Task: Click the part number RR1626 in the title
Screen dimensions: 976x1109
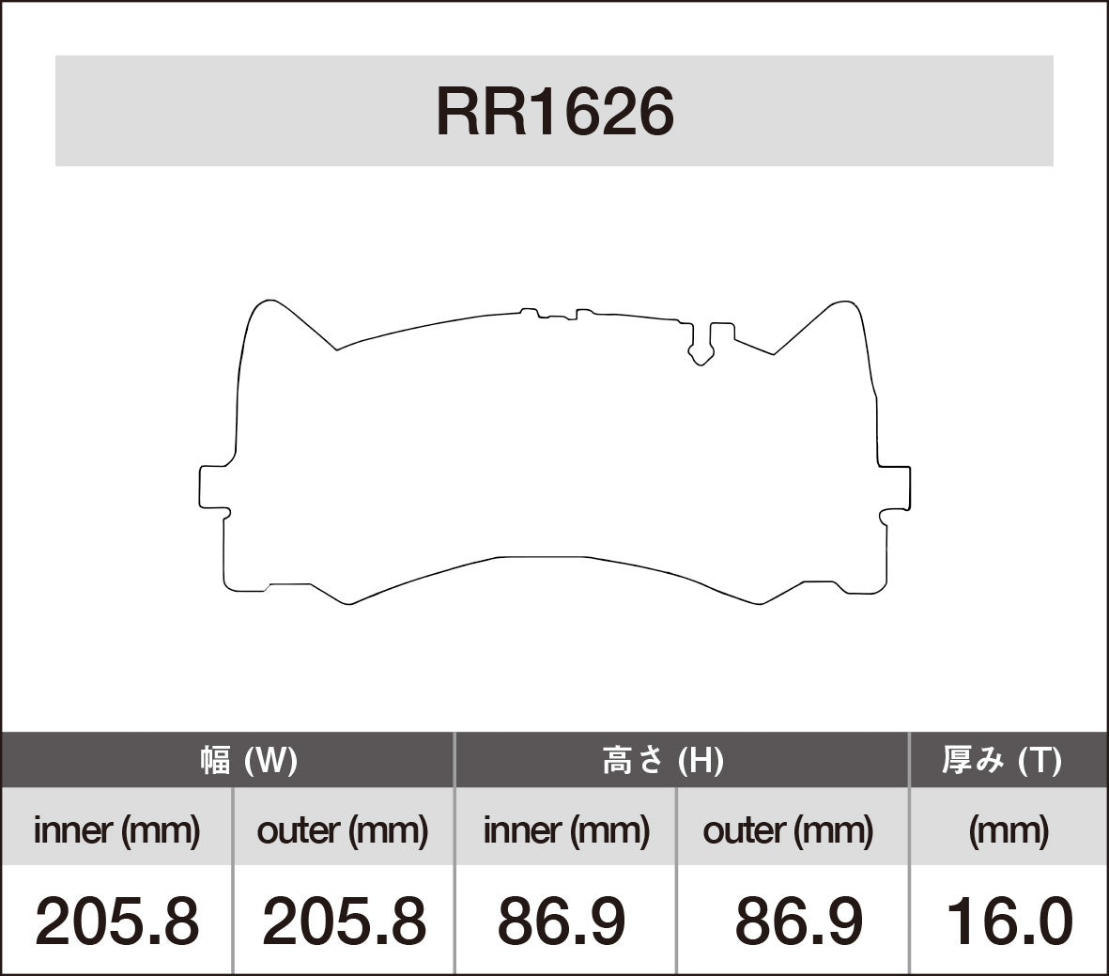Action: point(554,113)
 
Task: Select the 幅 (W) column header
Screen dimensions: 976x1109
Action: point(249,760)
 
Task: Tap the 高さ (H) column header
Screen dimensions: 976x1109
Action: point(663,760)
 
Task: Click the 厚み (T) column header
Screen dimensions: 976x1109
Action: point(1001,760)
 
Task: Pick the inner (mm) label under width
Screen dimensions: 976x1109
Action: point(116,830)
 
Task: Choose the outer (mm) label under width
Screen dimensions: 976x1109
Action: point(342,830)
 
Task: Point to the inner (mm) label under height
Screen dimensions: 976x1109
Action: point(566,830)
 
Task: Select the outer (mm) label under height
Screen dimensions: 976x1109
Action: point(788,830)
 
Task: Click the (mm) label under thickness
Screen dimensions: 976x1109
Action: point(1009,830)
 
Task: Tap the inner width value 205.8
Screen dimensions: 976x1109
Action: point(116,922)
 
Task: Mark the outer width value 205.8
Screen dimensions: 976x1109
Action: point(344,922)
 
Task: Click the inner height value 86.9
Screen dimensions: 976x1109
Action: point(562,922)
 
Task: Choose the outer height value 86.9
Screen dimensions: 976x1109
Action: point(798,922)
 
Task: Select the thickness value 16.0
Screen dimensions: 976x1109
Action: point(1009,922)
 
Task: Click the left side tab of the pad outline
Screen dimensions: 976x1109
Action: point(213,487)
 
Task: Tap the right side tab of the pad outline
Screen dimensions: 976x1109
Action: point(896,487)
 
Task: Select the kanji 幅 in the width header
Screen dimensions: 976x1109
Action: point(215,760)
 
